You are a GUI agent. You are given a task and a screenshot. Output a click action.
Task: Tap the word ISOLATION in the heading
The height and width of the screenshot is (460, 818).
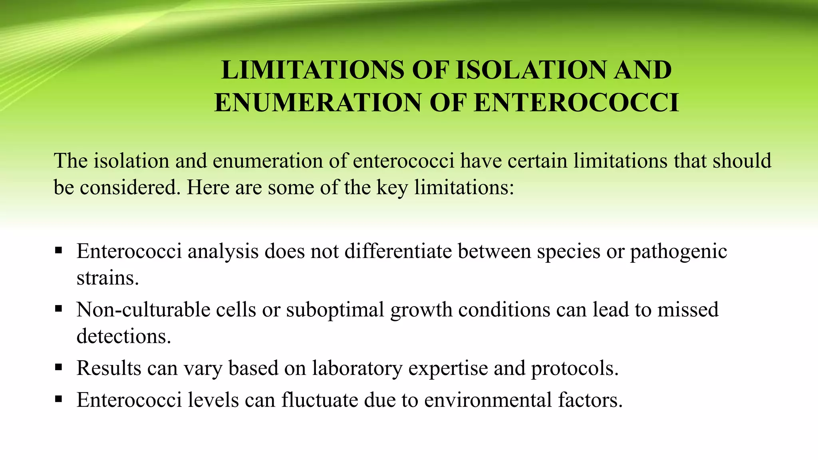531,70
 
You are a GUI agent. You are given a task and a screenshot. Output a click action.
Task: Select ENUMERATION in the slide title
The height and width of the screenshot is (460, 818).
318,103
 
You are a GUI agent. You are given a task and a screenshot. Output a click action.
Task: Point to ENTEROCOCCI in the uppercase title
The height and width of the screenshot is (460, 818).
576,103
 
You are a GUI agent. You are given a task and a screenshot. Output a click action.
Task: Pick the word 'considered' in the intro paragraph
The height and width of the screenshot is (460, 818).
127,187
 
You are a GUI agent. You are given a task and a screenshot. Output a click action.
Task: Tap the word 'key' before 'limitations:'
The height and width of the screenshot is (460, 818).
392,187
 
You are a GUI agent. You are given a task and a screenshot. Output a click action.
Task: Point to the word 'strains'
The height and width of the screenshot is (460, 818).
107,278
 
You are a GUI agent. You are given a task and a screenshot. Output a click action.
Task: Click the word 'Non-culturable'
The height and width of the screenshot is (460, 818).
143,309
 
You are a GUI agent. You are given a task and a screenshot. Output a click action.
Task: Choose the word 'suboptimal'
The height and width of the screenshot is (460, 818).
335,309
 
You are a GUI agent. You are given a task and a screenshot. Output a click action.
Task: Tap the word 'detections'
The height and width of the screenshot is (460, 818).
123,336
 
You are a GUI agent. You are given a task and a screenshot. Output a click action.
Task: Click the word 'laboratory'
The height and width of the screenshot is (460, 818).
357,368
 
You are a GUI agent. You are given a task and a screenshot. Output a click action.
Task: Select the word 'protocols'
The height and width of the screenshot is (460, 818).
574,368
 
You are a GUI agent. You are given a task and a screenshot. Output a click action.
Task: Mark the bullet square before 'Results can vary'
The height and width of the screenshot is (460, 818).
59,367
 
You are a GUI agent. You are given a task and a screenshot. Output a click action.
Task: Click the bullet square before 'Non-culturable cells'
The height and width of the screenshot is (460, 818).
59,309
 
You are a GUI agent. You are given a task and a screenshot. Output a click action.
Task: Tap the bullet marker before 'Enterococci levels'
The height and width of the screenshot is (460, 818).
59,399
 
